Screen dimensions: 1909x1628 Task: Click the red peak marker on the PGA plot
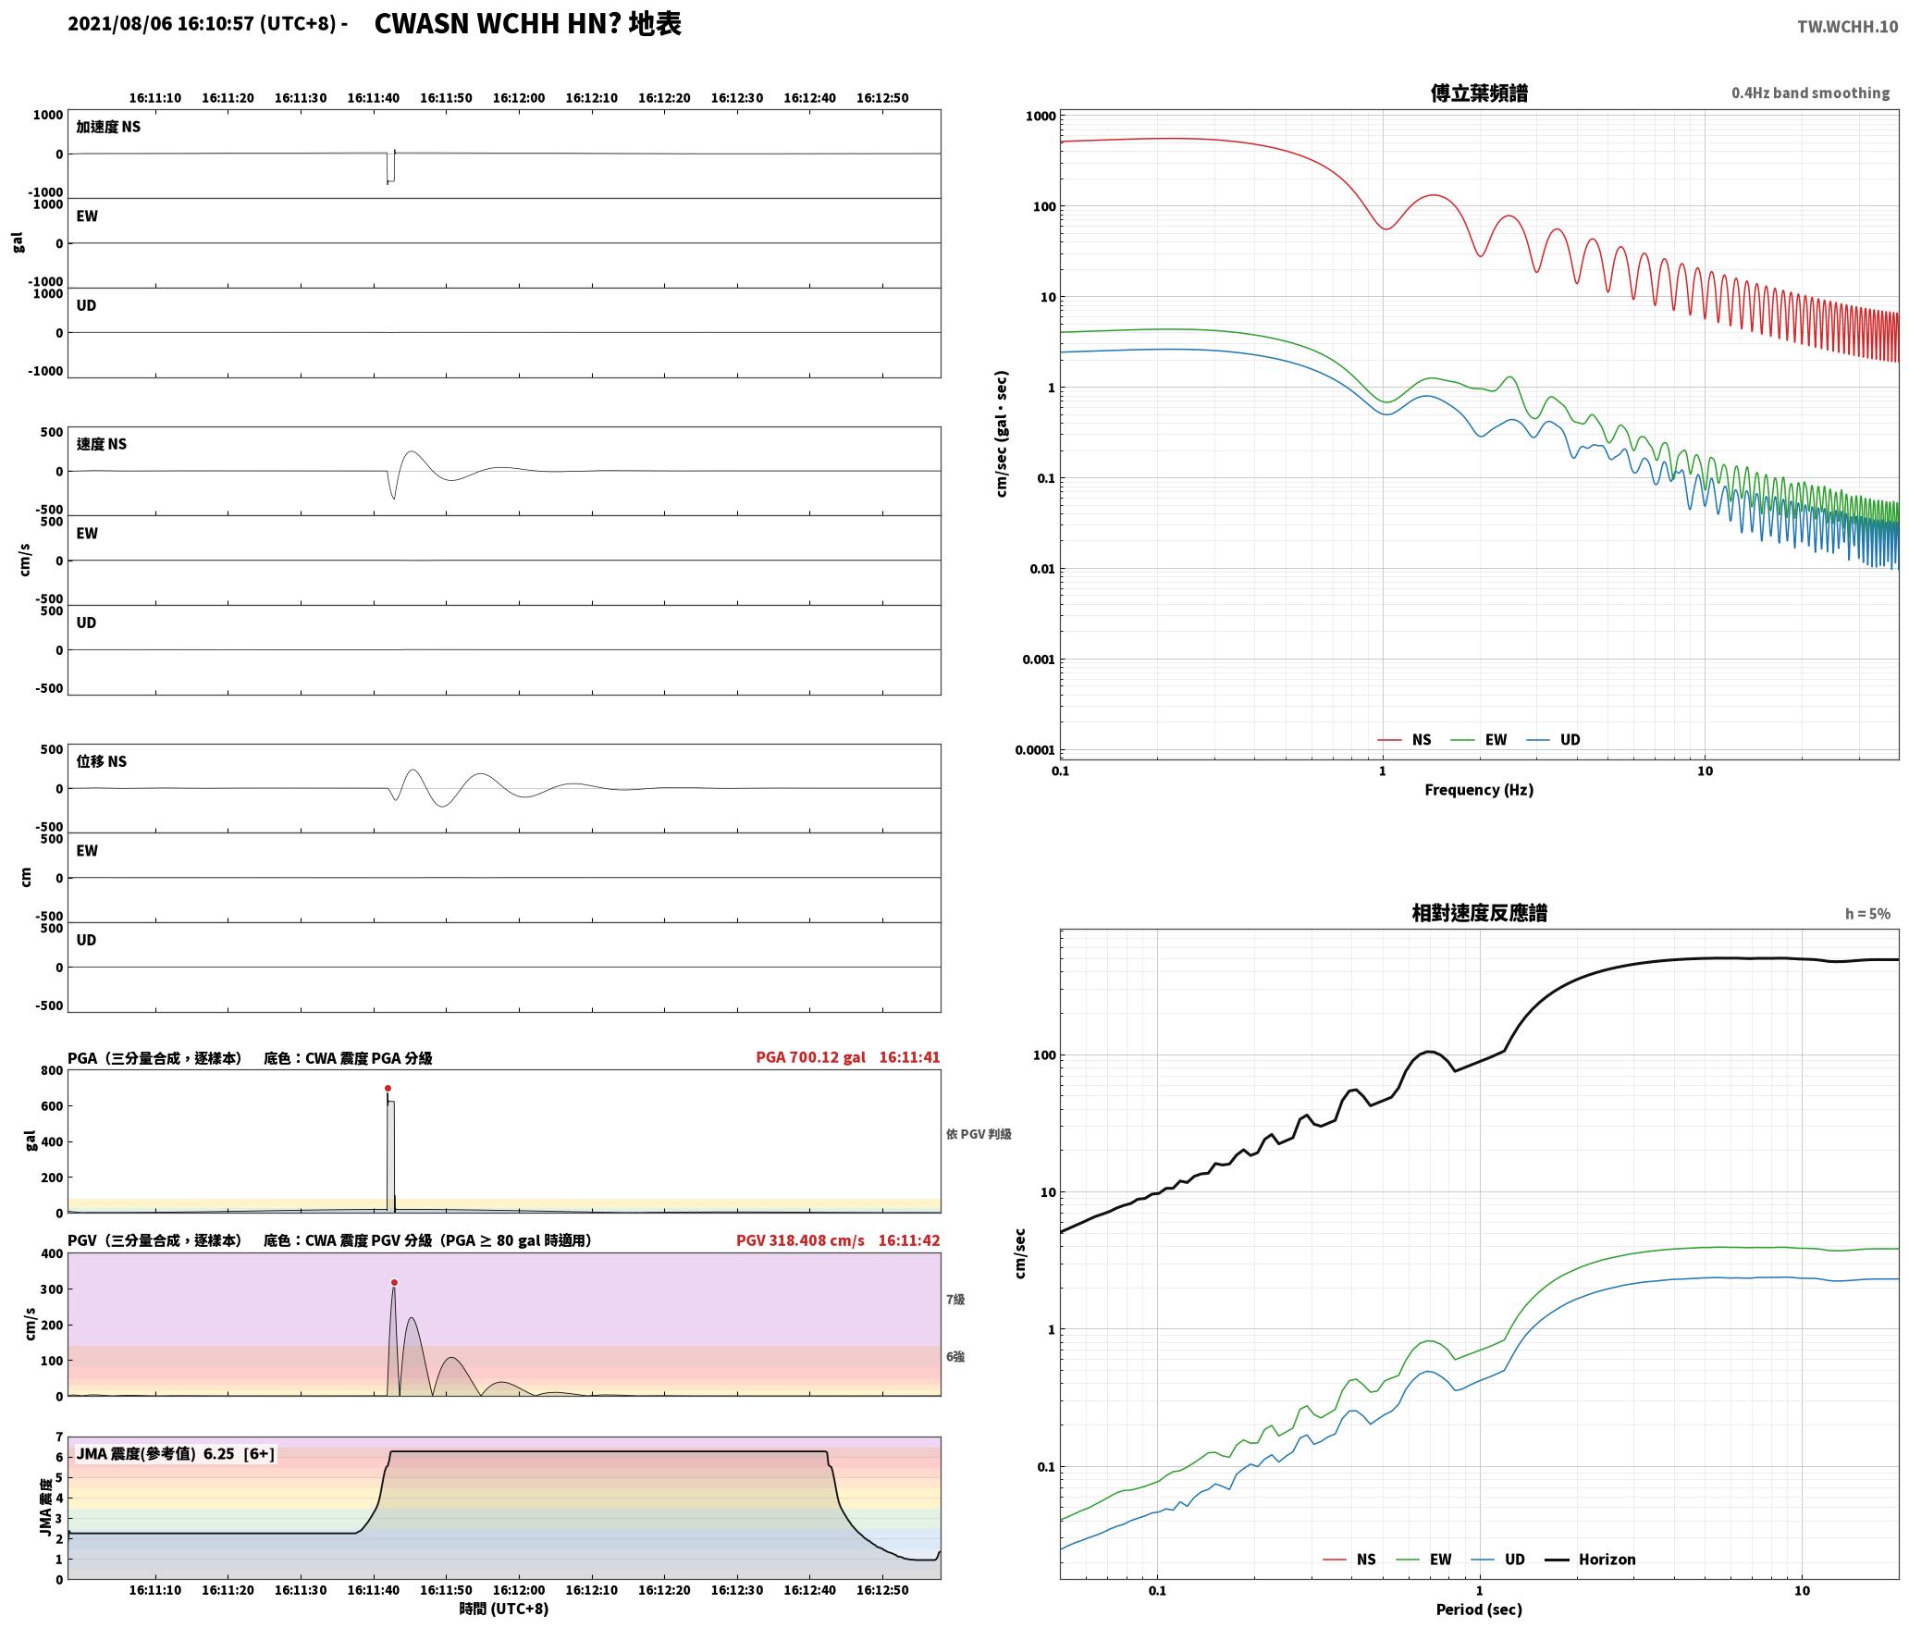[388, 1089]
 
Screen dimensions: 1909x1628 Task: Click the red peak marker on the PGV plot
[394, 1283]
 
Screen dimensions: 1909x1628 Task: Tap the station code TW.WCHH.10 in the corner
[1847, 27]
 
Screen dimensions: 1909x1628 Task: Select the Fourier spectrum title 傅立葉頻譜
[1479, 92]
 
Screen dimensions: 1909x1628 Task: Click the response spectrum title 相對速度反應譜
[1479, 913]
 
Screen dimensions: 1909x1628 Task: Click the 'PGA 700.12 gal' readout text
[810, 1057]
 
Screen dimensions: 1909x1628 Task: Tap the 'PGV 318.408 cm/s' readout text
[800, 1240]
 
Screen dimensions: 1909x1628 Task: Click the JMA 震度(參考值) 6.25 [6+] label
[175, 1453]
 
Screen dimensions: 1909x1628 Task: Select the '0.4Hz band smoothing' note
[1810, 92]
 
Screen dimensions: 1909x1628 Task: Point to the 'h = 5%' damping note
[1867, 914]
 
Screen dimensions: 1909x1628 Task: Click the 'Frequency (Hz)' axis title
[1478, 790]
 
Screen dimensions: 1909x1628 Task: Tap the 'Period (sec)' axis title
[1478, 1609]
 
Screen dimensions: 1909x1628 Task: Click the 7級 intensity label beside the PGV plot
[954, 1300]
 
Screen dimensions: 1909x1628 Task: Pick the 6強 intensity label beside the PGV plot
[954, 1357]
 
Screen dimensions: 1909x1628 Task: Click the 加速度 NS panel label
[108, 127]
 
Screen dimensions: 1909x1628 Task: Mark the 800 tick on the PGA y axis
[52, 1070]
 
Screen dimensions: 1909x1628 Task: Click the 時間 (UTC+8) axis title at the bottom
[504, 1609]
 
